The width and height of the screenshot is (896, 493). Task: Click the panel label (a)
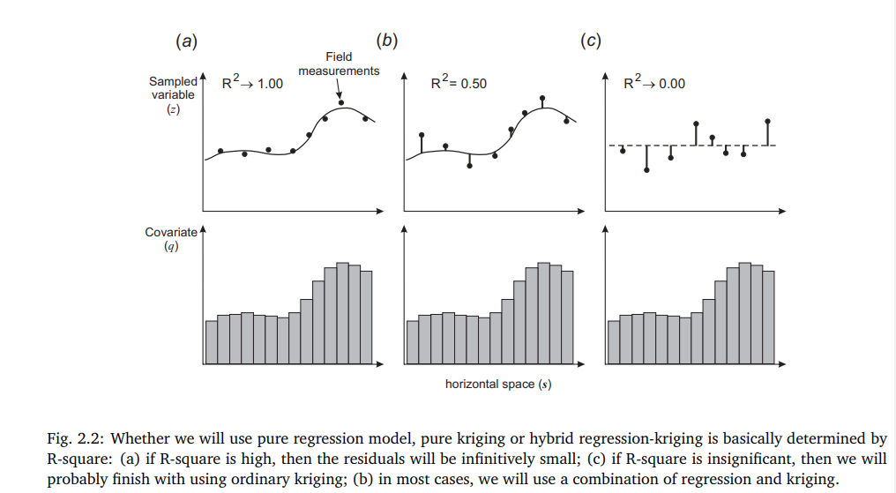click(185, 41)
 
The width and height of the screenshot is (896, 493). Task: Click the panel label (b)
click(386, 41)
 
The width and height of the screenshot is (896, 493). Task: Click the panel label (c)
click(591, 41)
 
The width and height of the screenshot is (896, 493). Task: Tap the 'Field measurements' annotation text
click(339, 64)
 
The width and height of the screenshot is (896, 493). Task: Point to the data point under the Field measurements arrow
click(341, 103)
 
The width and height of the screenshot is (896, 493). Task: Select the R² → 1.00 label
click(252, 83)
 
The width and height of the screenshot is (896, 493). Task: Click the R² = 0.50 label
click(458, 83)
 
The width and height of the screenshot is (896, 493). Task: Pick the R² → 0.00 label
click(654, 83)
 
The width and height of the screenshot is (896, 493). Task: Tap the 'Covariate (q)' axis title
click(172, 239)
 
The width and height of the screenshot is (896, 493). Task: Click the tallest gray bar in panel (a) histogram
click(342, 313)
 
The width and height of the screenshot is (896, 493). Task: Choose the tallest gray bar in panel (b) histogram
click(543, 313)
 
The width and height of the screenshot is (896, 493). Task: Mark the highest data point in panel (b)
click(542, 98)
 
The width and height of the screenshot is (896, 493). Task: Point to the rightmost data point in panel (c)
click(768, 121)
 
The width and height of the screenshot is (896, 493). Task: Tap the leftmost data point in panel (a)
click(220, 151)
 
